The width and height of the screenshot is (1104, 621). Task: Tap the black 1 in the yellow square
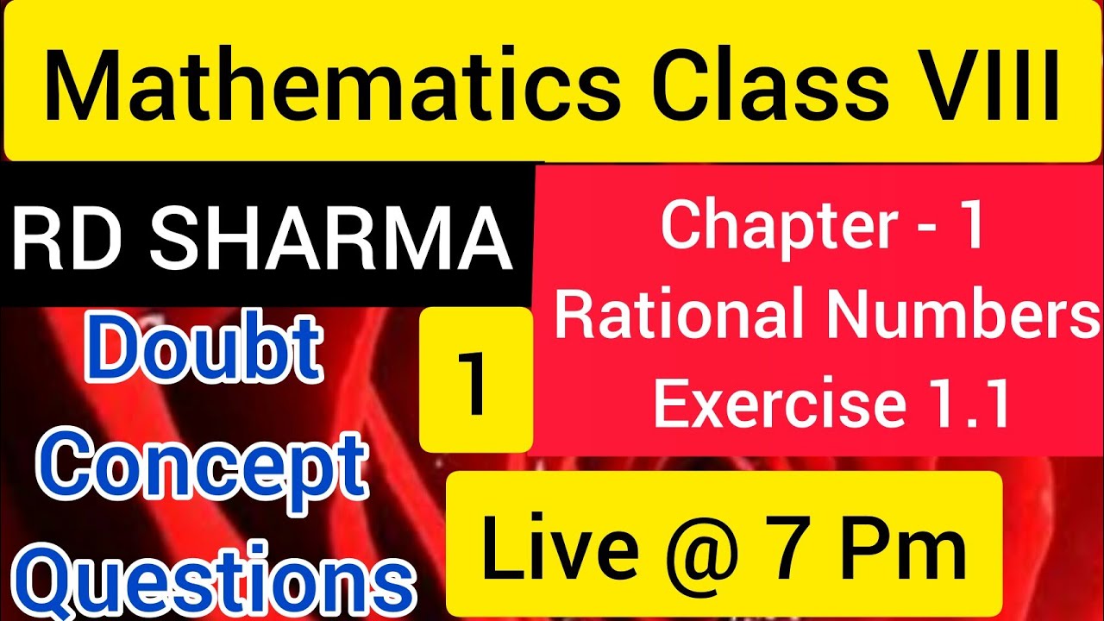pos(474,379)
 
